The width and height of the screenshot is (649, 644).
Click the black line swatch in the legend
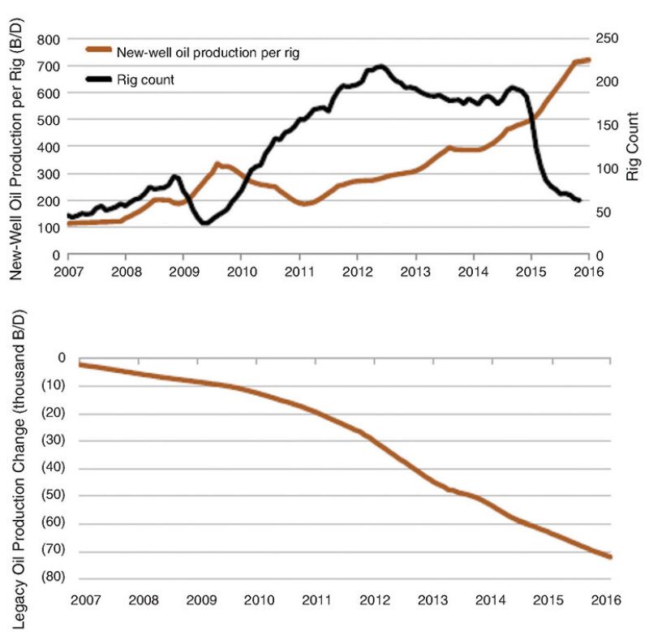click(x=100, y=79)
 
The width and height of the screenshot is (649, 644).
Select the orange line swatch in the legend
click(x=100, y=53)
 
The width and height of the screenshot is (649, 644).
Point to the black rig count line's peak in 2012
click(x=380, y=67)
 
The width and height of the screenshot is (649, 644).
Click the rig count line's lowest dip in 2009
click(x=204, y=223)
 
